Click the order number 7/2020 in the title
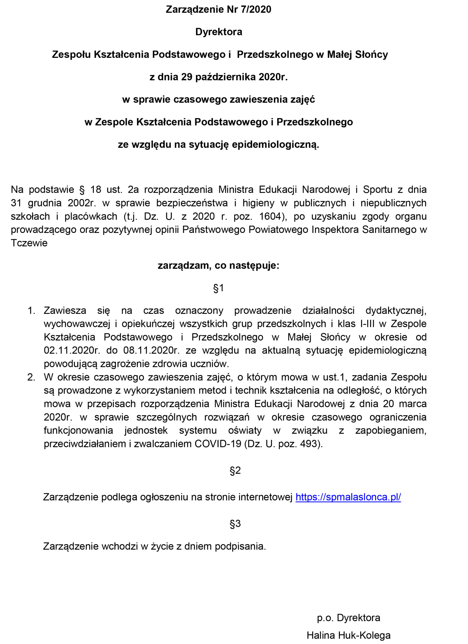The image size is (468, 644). [x=256, y=9]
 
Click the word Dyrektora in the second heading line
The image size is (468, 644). [x=219, y=32]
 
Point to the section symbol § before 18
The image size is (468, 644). [x=82, y=189]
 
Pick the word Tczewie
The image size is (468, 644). [x=29, y=243]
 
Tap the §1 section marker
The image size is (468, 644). [x=219, y=288]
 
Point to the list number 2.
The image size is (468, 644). [x=31, y=377]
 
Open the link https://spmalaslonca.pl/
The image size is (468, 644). [x=348, y=497]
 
